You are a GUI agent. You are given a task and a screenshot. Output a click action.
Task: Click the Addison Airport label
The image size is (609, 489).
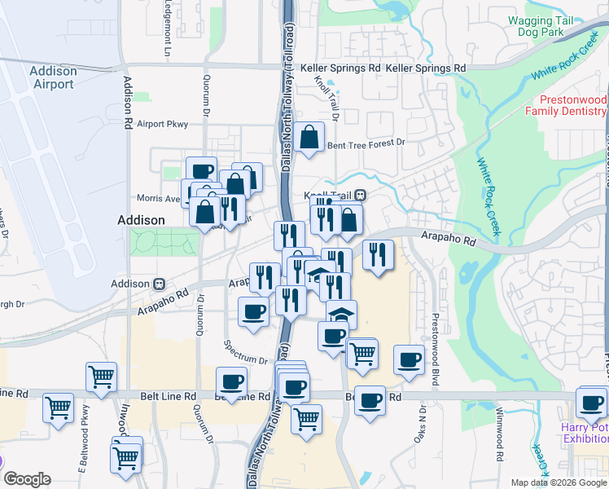53,77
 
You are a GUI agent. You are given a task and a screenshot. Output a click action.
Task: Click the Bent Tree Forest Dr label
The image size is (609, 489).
366,144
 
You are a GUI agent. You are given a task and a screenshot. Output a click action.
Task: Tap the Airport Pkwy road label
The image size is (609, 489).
163,124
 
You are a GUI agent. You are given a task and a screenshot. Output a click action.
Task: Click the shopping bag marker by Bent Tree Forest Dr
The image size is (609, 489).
309,139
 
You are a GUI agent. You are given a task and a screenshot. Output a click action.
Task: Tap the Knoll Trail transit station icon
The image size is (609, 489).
360,196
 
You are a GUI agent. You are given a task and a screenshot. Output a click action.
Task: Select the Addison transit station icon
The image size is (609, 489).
160,284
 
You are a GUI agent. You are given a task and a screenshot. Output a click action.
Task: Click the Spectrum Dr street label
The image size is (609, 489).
245,359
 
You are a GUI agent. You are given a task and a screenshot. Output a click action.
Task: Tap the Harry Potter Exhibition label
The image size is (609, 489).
584,433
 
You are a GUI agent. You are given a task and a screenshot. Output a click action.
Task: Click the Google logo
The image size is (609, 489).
27,479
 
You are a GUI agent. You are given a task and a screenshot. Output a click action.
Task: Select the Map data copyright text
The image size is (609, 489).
559,482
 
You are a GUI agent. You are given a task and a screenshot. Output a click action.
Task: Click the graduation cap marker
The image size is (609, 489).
342,312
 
